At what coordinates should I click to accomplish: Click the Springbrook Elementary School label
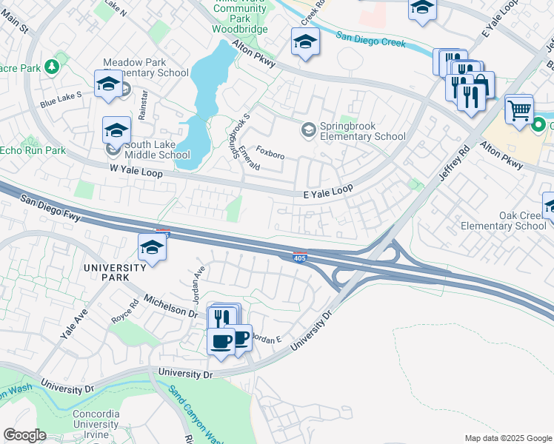(362, 131)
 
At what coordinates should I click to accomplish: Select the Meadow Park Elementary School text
(146, 68)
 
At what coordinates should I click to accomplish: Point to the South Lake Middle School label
(158, 150)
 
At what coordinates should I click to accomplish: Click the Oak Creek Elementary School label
(503, 221)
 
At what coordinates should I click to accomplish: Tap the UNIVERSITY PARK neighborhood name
(115, 272)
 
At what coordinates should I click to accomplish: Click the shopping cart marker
(519, 110)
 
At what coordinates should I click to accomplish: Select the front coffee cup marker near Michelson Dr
(221, 341)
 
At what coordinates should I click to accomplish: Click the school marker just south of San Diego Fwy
(152, 248)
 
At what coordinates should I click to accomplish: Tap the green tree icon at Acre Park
(52, 67)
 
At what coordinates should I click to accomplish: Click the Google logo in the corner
(24, 435)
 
